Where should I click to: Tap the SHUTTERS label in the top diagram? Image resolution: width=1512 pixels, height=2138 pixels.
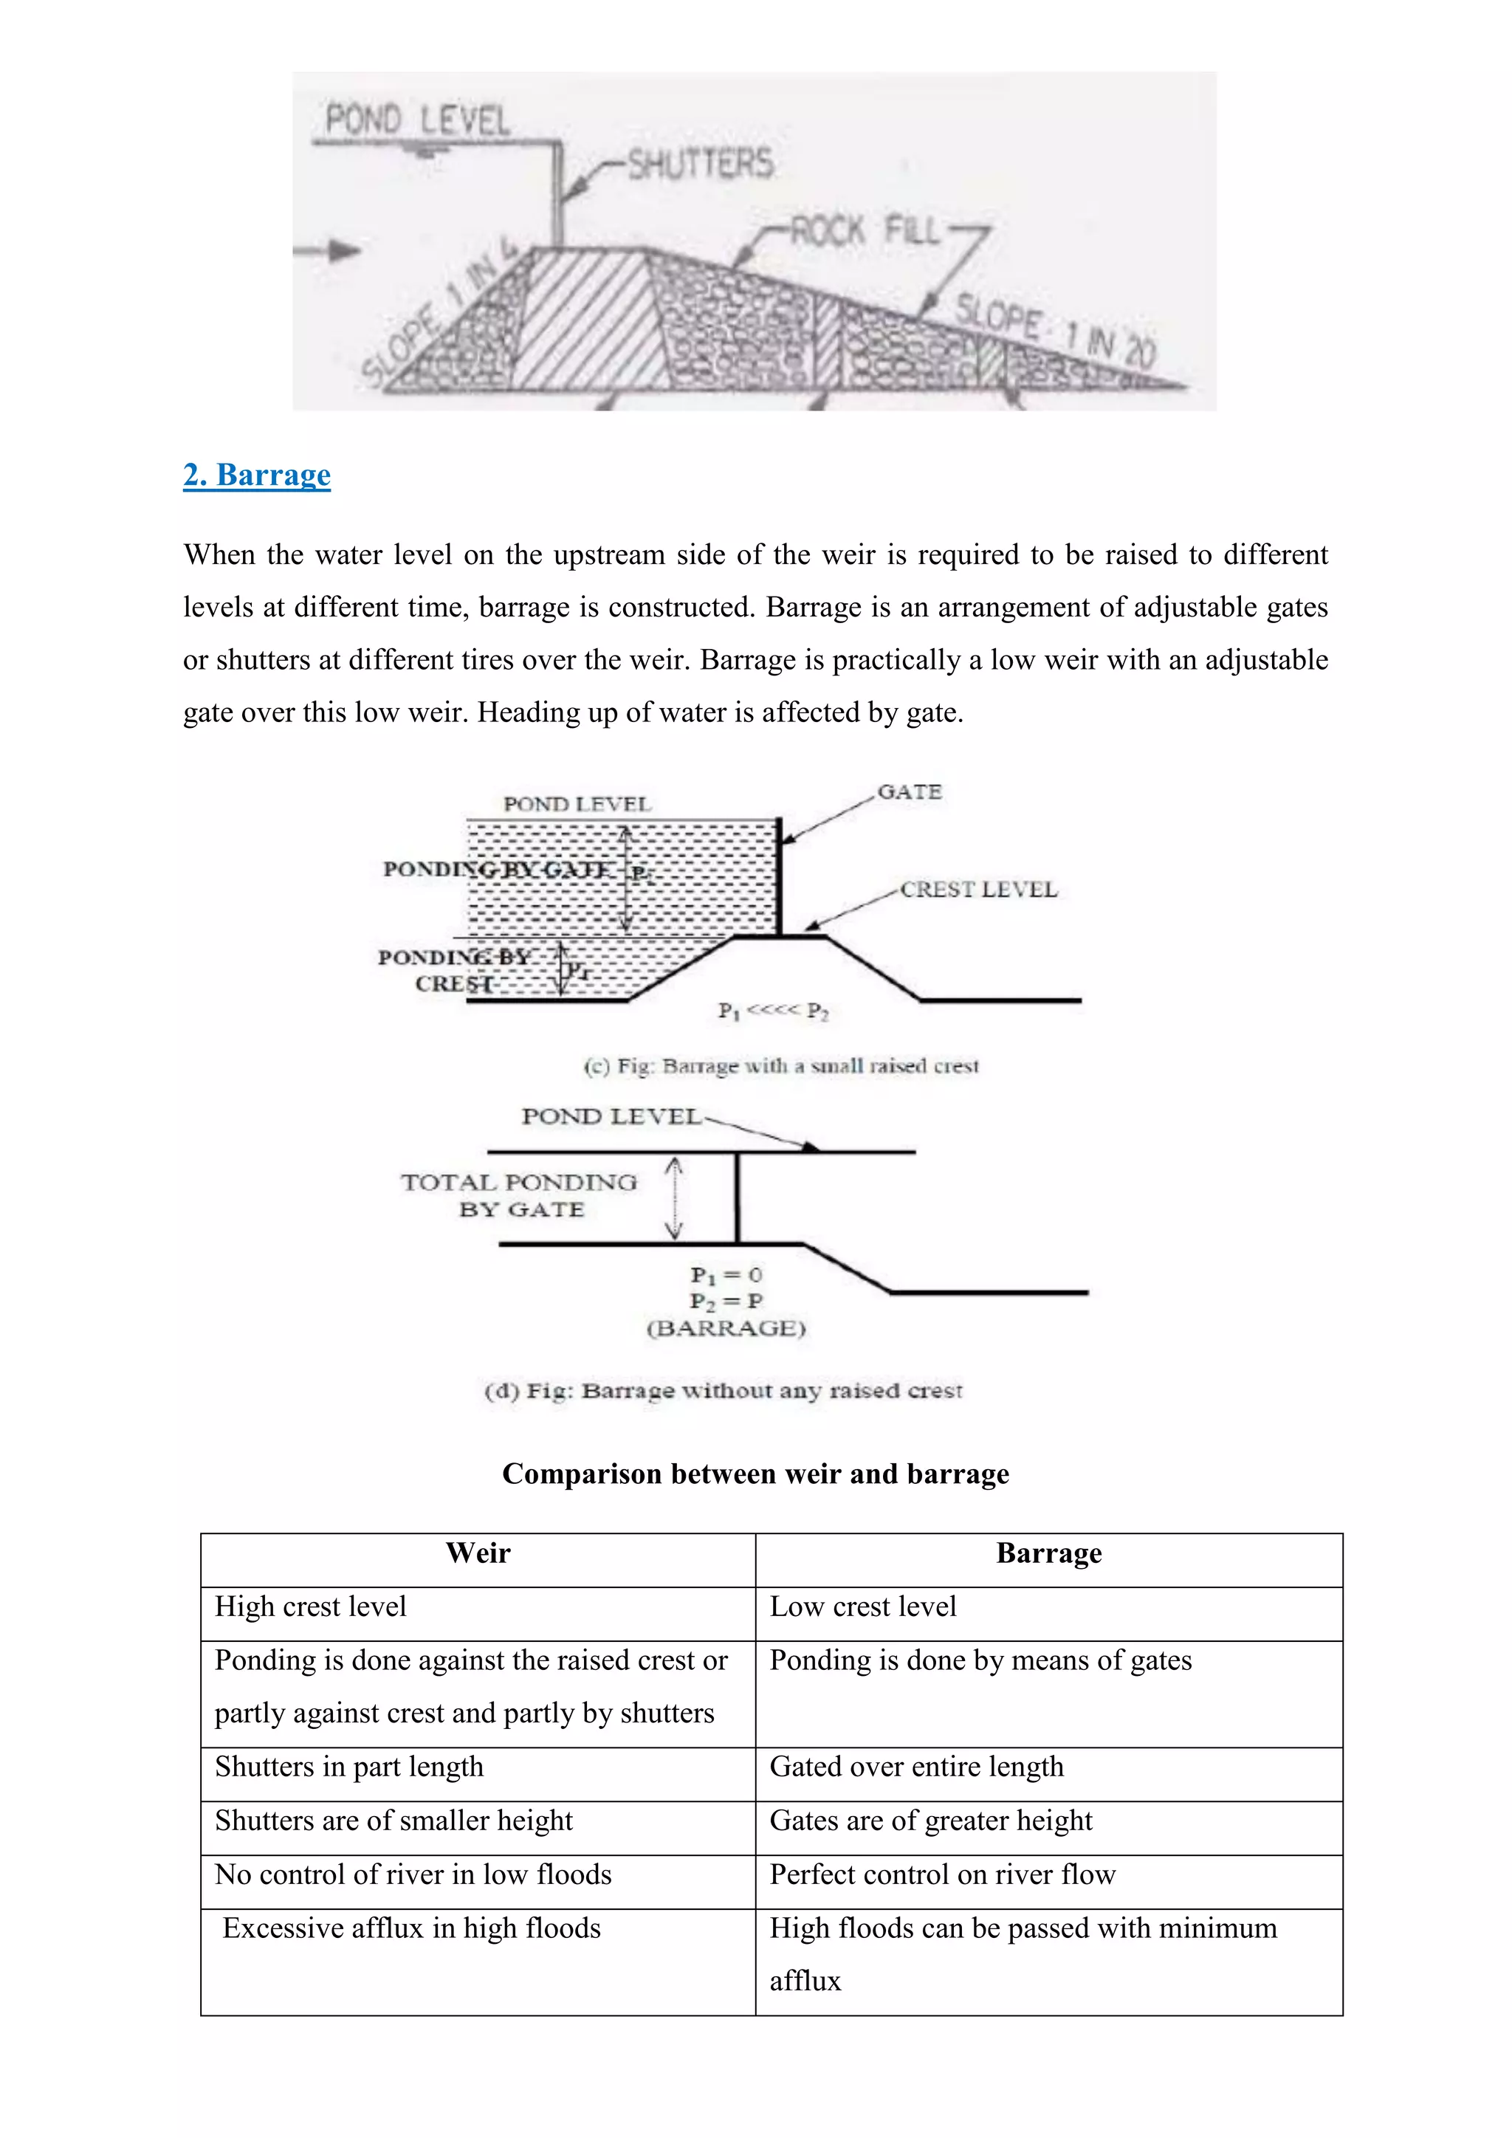[x=700, y=163]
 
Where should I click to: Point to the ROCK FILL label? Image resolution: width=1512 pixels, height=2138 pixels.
[x=866, y=230]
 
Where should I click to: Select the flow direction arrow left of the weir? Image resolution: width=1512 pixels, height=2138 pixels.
[x=331, y=250]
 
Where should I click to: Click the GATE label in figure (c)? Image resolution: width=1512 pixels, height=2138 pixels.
[x=910, y=791]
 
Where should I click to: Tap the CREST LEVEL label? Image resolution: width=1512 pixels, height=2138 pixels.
[x=978, y=890]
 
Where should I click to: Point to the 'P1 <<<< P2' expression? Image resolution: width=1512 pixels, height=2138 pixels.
[x=773, y=1011]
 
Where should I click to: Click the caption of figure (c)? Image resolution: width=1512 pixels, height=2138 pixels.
[x=780, y=1065]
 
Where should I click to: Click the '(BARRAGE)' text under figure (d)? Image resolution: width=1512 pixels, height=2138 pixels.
[x=726, y=1328]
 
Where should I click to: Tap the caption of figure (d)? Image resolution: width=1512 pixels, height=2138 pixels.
[x=724, y=1390]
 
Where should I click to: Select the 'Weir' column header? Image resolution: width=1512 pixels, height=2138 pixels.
[x=478, y=1553]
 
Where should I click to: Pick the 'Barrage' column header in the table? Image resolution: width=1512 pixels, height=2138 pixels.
[x=1048, y=1553]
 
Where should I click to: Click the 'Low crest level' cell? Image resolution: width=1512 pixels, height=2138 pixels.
[x=863, y=1606]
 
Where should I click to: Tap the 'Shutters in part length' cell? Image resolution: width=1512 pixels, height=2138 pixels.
[x=349, y=1767]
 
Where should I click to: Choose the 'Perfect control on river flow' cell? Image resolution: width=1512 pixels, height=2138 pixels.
[x=942, y=1874]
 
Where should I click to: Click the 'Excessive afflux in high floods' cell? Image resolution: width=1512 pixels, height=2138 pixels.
[x=411, y=1928]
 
